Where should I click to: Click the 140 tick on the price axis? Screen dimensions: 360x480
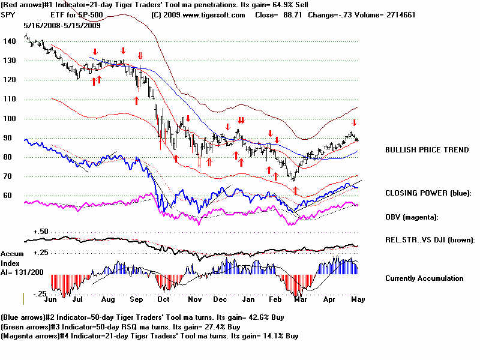tap(10, 41)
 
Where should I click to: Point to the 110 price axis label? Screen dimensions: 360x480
tap(10, 99)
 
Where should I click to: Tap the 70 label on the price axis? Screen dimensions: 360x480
tap(10, 176)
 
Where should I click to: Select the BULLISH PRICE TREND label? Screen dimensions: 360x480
tap(427, 149)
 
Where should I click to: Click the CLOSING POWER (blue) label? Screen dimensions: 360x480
tap(428, 193)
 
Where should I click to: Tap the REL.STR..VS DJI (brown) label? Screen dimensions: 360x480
tap(430, 240)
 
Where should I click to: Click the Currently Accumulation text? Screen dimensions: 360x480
tap(424, 278)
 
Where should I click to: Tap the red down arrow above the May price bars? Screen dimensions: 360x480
tap(354, 122)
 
